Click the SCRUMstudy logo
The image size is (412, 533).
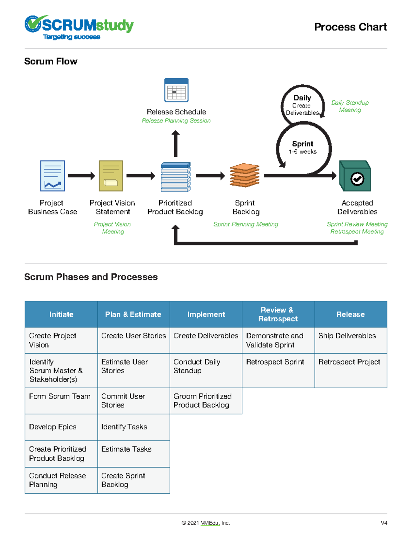tap(79, 27)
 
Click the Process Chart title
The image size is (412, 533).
tap(350, 27)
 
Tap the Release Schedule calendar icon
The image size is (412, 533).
tap(176, 90)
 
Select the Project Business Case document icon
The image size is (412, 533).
tap(53, 176)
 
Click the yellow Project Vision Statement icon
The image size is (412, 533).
tap(111, 176)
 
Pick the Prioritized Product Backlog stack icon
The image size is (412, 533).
tap(175, 177)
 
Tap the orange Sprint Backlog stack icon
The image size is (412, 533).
tap(244, 175)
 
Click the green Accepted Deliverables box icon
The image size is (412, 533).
tap(355, 176)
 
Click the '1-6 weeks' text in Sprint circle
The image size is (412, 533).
tap(302, 152)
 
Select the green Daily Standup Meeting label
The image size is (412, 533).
tap(350, 106)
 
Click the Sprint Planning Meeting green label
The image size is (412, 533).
tap(245, 224)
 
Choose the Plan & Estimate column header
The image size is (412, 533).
tap(133, 314)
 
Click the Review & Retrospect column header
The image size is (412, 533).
tap(278, 314)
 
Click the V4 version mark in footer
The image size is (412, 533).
tap(384, 523)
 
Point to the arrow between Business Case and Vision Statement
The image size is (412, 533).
tap(81, 176)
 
